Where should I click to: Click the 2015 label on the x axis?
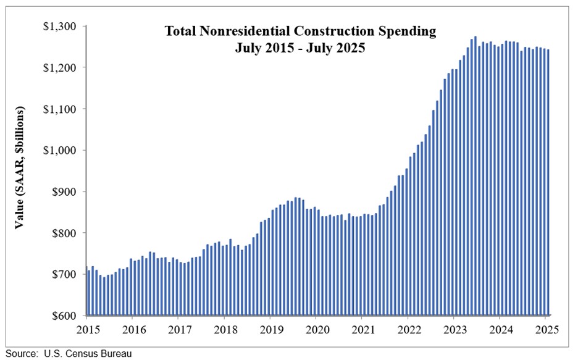pyautogui.click(x=86, y=329)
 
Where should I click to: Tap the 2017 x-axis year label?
pyautogui.click(x=178, y=329)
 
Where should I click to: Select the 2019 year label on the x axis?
pyautogui.click(x=270, y=329)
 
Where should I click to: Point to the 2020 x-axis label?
pyautogui.click(x=316, y=329)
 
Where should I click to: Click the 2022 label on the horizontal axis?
pyautogui.click(x=408, y=329)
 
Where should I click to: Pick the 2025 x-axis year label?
pyautogui.click(x=547, y=329)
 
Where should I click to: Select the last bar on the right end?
pyautogui.click(x=548, y=182)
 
